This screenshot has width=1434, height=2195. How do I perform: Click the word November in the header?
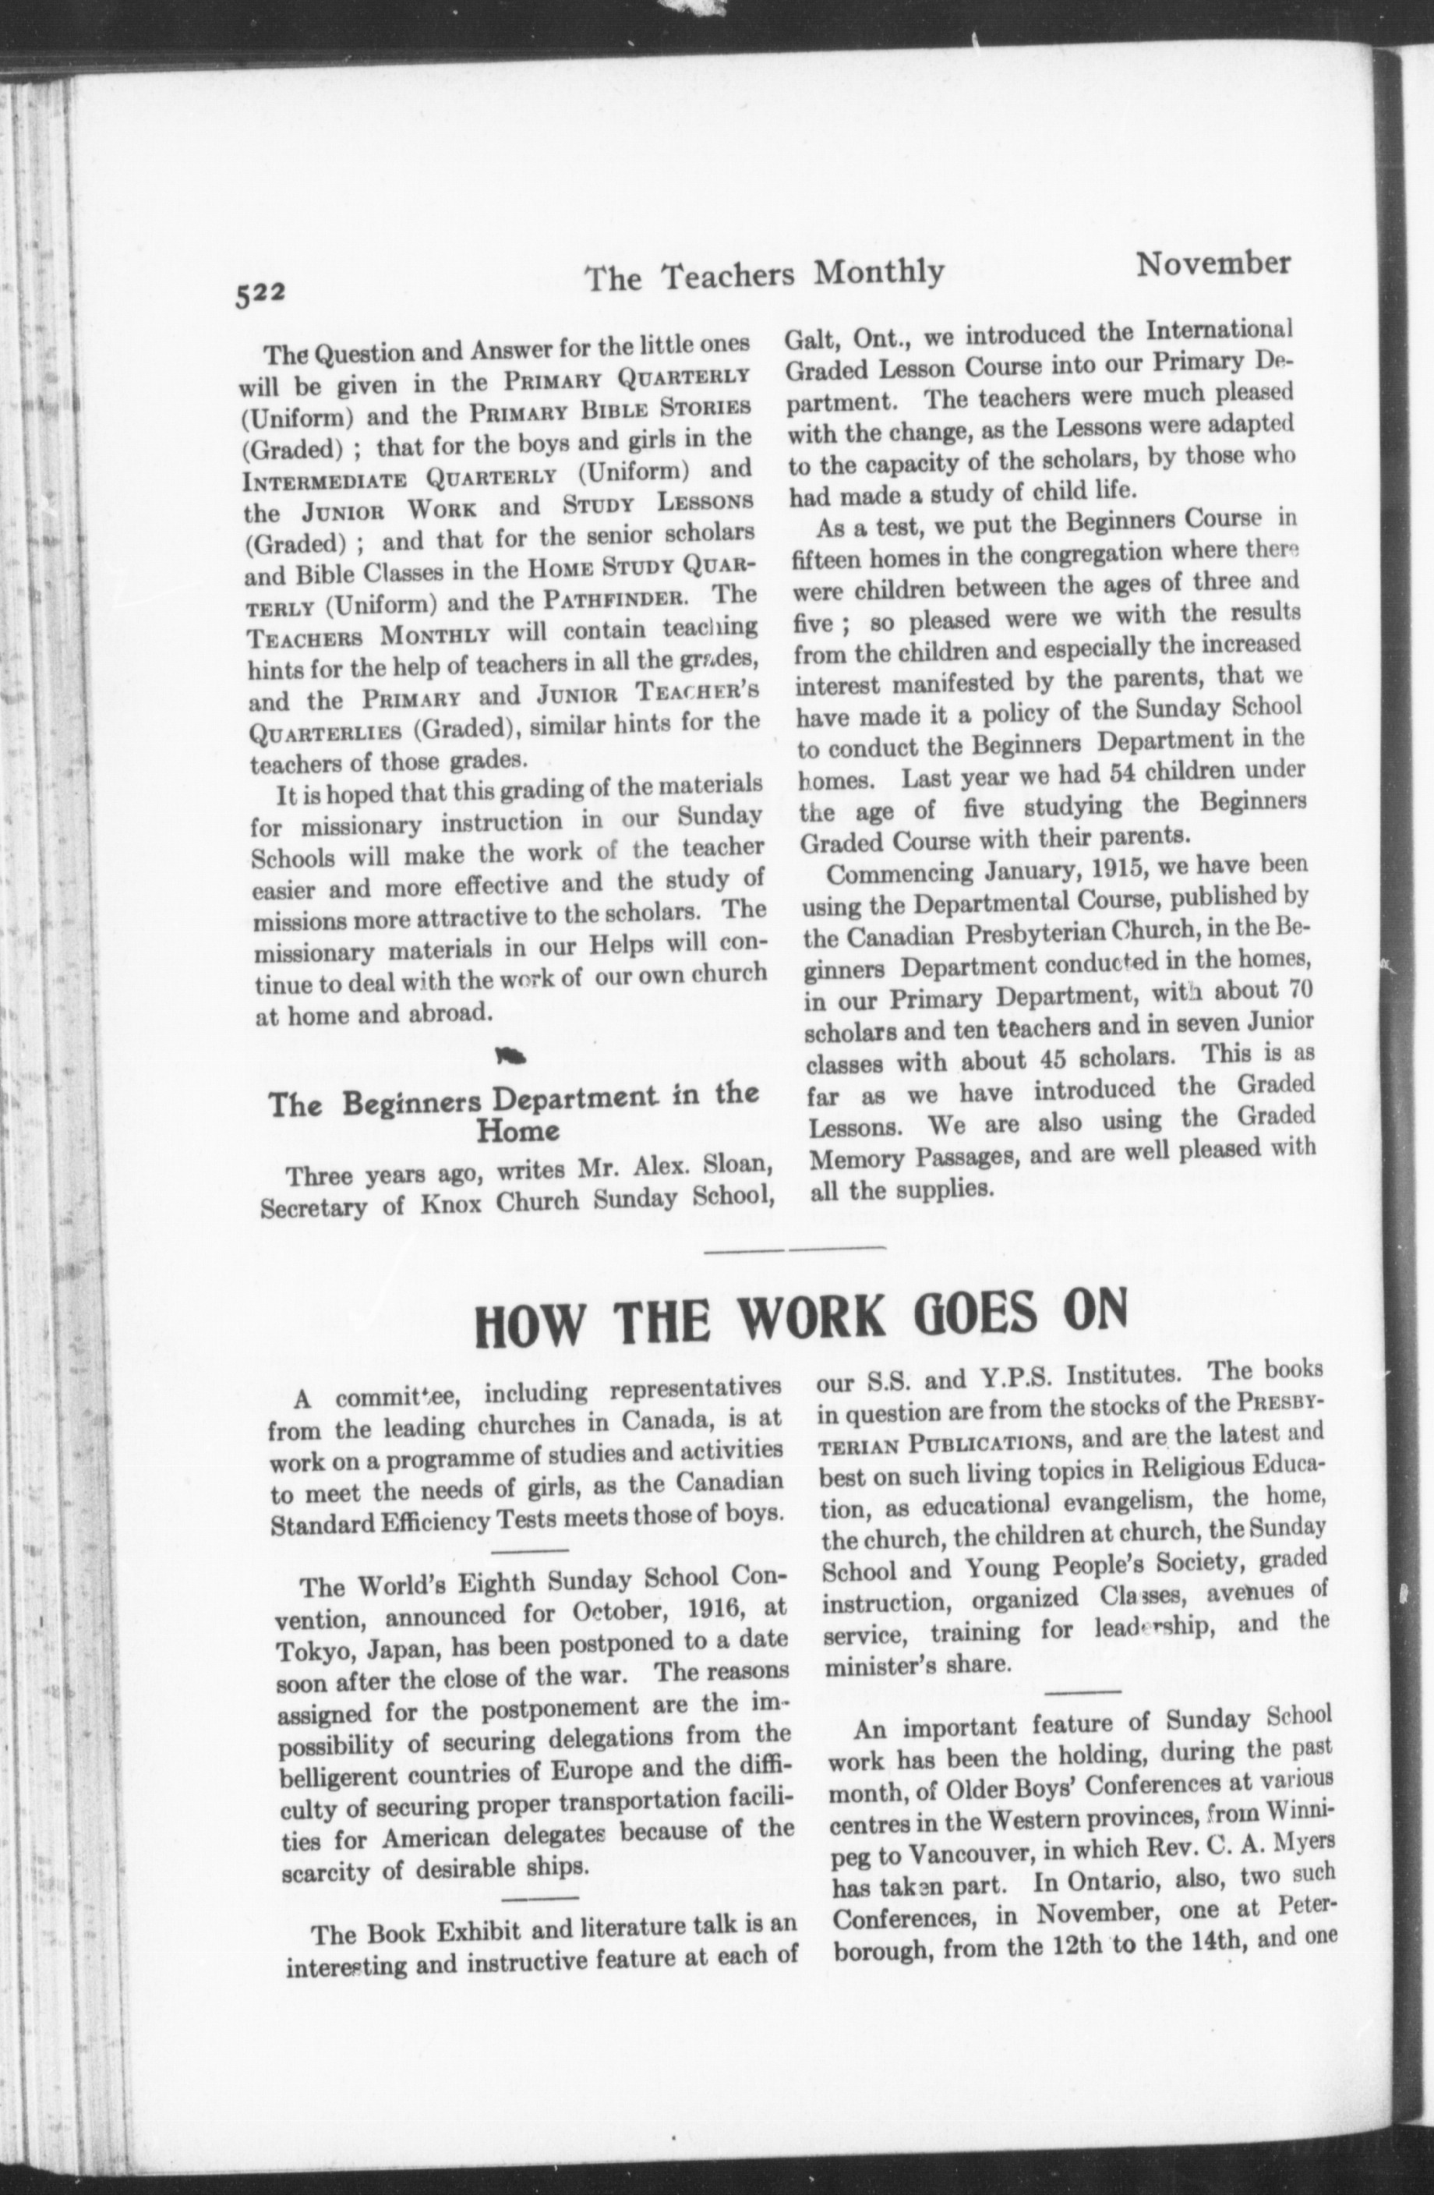click(1213, 265)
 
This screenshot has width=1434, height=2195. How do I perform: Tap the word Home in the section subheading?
click(517, 1131)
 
